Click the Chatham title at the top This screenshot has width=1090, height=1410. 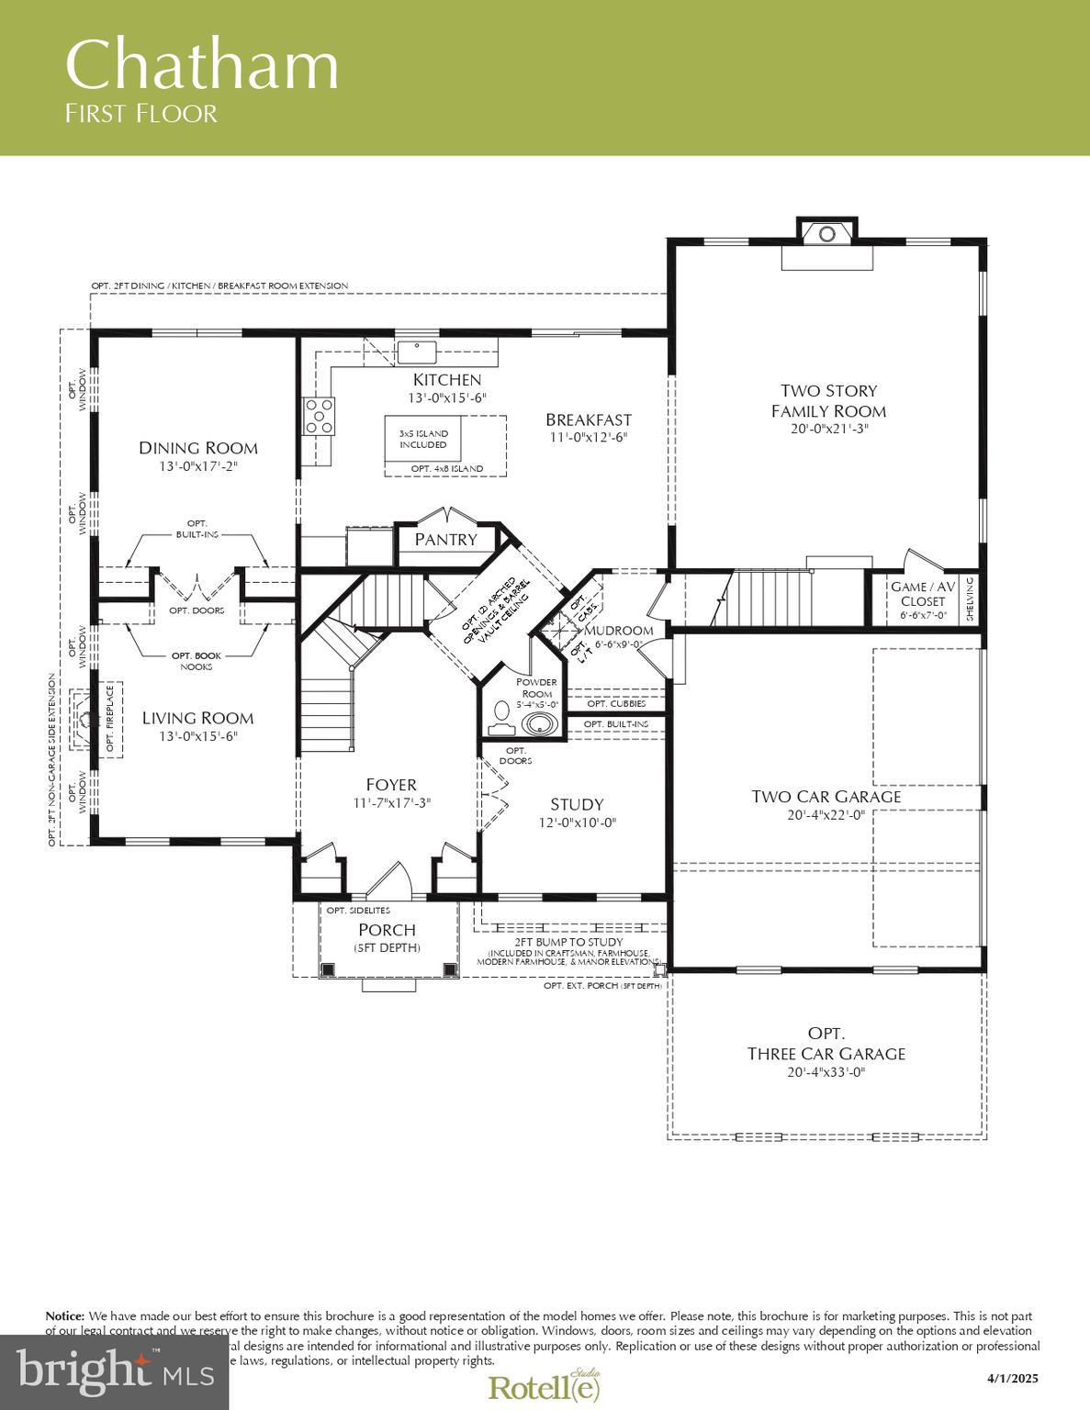202,66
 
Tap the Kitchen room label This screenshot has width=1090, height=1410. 446,380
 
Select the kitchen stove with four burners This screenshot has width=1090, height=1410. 320,415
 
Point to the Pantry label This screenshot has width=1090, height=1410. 445,540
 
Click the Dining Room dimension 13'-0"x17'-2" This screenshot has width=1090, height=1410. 198,466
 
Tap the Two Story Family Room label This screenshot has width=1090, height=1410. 828,401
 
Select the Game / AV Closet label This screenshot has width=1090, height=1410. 923,594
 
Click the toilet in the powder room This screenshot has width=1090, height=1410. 501,711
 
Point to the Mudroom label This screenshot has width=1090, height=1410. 619,631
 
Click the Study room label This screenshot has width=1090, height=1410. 577,805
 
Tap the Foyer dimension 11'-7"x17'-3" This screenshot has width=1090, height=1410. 391,802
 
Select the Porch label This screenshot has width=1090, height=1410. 387,930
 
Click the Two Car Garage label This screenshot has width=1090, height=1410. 826,797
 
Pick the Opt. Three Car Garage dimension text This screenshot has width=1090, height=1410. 826,1072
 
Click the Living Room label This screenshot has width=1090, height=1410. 197,719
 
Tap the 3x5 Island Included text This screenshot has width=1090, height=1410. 423,439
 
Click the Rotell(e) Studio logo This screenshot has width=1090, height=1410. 545,1386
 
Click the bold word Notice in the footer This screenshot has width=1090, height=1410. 64,1316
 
